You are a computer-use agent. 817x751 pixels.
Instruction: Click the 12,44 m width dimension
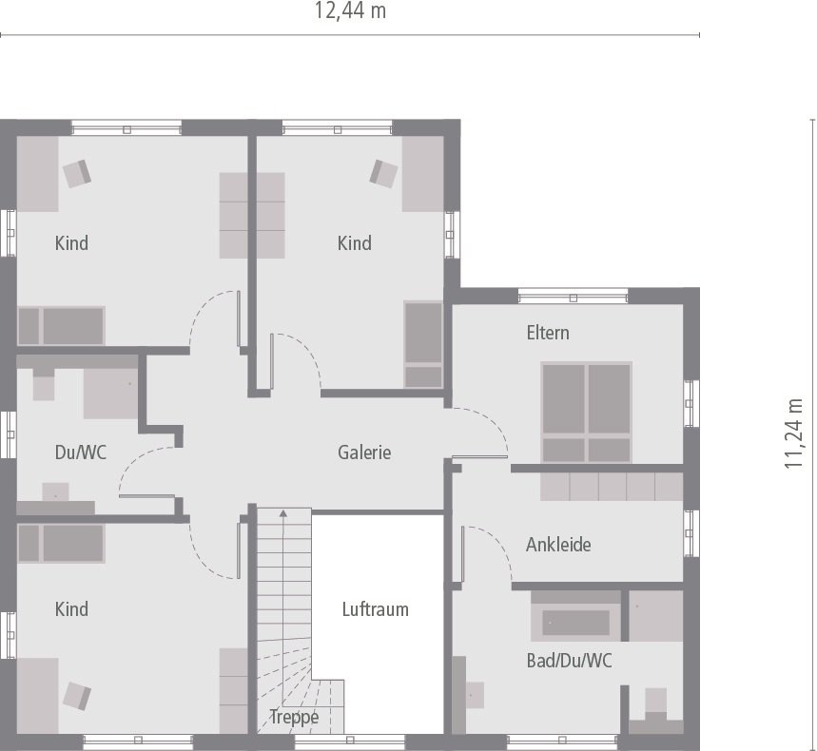pos(350,11)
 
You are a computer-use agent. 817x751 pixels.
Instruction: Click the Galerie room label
pos(364,453)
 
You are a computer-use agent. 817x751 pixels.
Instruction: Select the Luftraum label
pos(376,609)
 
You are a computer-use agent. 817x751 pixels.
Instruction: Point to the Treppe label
pos(294,717)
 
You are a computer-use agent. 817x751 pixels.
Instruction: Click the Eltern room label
pos(548,333)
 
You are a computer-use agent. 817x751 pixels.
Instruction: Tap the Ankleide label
pos(558,545)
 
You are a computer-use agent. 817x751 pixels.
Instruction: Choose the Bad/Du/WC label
pos(570,661)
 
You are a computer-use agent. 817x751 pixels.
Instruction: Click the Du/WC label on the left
pos(81,453)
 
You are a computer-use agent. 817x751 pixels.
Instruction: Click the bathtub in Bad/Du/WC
pos(576,623)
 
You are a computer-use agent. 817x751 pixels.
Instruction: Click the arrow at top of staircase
pos(282,514)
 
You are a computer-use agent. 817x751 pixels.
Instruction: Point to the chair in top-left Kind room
pos(76,172)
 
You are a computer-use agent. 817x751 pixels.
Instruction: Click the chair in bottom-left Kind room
pos(77,695)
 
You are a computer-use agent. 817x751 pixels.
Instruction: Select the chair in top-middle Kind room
pos(383,173)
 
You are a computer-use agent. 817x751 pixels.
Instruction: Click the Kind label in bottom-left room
pos(71,609)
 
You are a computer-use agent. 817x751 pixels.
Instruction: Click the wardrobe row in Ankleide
pos(612,487)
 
